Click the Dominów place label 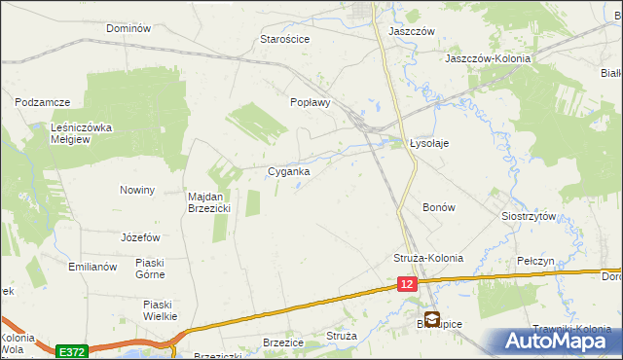[128, 28]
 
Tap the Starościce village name [284, 39]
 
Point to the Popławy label [311, 101]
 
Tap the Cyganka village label [289, 171]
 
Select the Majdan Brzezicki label [208, 201]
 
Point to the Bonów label [439, 207]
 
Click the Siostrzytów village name [528, 216]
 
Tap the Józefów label [140, 237]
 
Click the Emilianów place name [92, 266]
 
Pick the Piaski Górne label [157, 268]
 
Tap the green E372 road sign [70, 351]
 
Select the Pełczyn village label [535, 262]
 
